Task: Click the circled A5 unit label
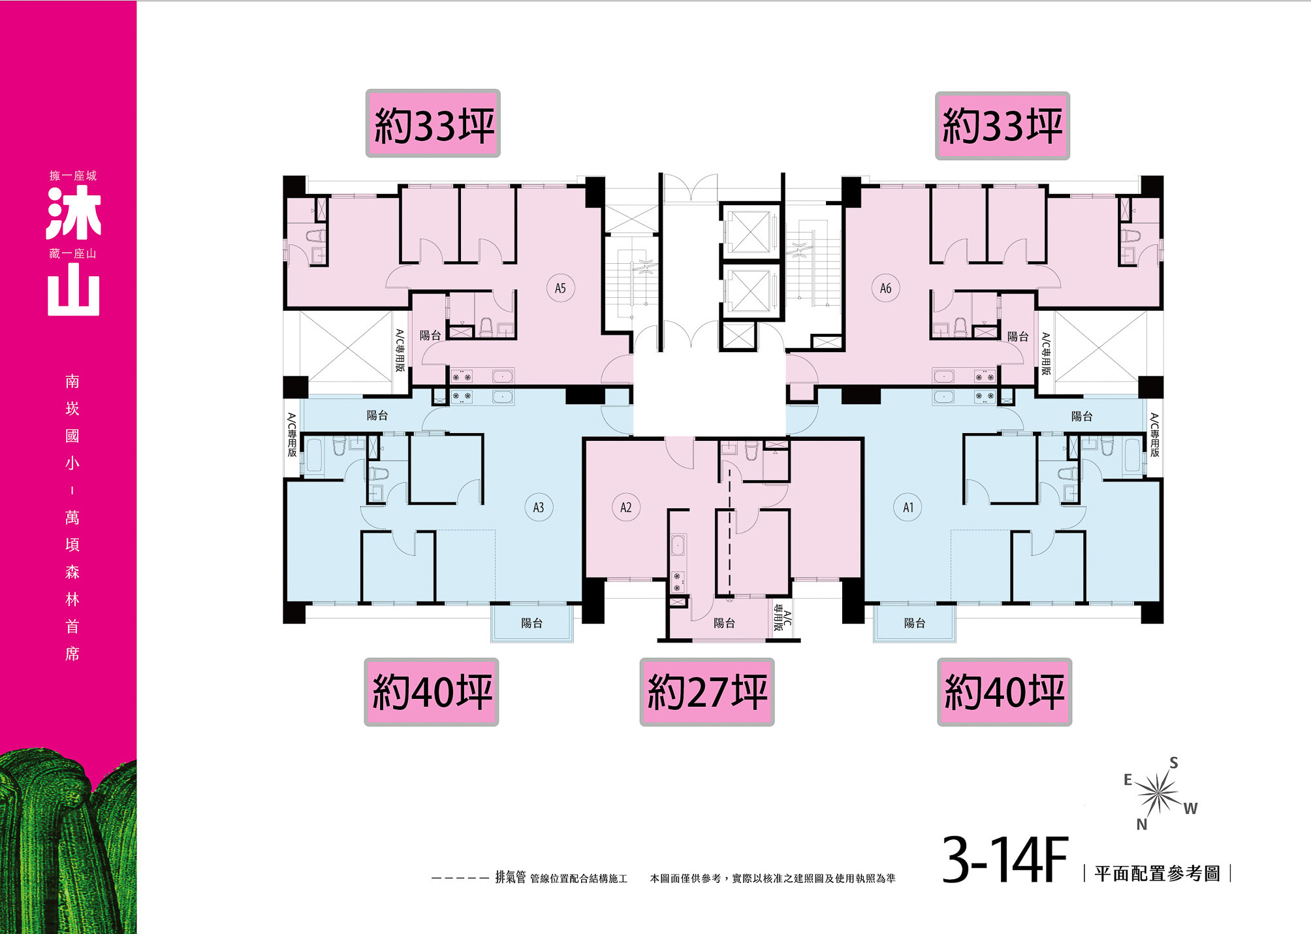tap(560, 288)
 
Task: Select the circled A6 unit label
tap(885, 288)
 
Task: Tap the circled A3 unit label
tap(539, 507)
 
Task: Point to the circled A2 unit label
tap(626, 507)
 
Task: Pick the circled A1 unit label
tap(908, 507)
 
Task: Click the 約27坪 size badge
tap(707, 692)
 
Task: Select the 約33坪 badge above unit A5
tap(433, 123)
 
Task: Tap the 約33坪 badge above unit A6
tap(1003, 125)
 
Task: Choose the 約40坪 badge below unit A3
tap(432, 692)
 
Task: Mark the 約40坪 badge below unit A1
tap(1005, 692)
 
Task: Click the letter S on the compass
tap(1174, 763)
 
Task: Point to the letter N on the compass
tap(1142, 824)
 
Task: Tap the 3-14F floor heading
tap(1005, 860)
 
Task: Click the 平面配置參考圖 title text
tap(1157, 873)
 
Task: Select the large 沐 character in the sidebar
tap(74, 213)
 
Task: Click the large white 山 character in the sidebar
tap(74, 289)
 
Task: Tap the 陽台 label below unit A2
tap(724, 623)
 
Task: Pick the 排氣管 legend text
tap(511, 877)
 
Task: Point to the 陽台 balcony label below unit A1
tap(915, 623)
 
